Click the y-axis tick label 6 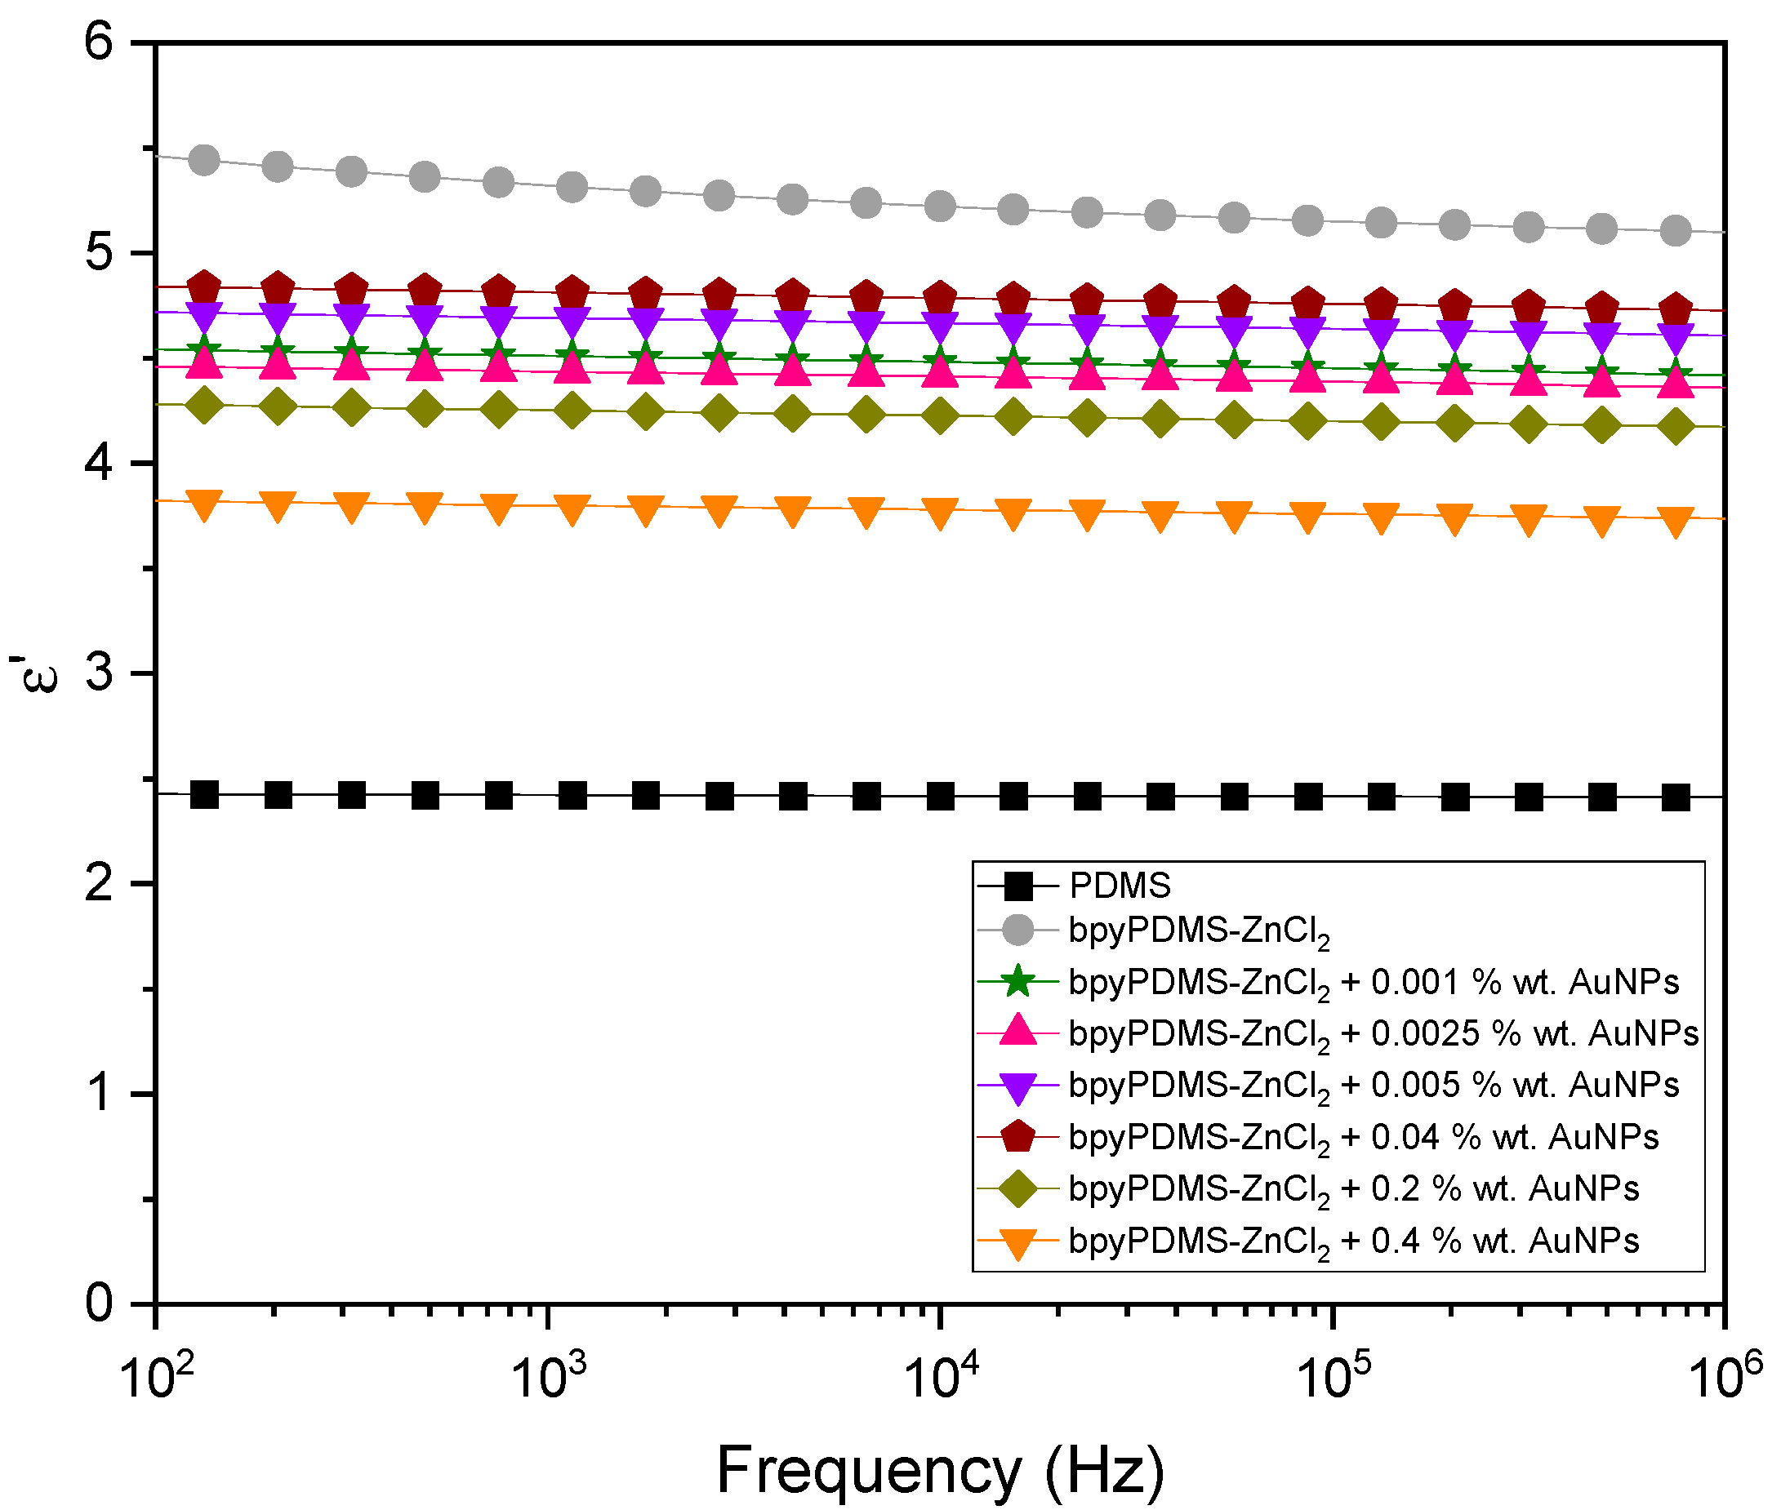tap(100, 40)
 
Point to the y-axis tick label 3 tap(100, 672)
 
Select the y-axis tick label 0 tap(100, 1303)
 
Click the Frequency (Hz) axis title tap(940, 1471)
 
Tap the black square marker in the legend tap(1018, 886)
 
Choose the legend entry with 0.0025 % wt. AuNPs tap(1383, 1034)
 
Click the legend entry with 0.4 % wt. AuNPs tap(1353, 1241)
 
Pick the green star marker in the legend tap(1018, 981)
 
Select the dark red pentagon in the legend tap(1018, 1137)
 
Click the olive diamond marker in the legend tap(1018, 1189)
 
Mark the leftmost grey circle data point tap(204, 159)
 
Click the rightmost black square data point tap(1676, 798)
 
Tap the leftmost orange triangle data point tap(204, 505)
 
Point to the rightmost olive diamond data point tap(1676, 426)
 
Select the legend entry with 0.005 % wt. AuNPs tap(1374, 1086)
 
